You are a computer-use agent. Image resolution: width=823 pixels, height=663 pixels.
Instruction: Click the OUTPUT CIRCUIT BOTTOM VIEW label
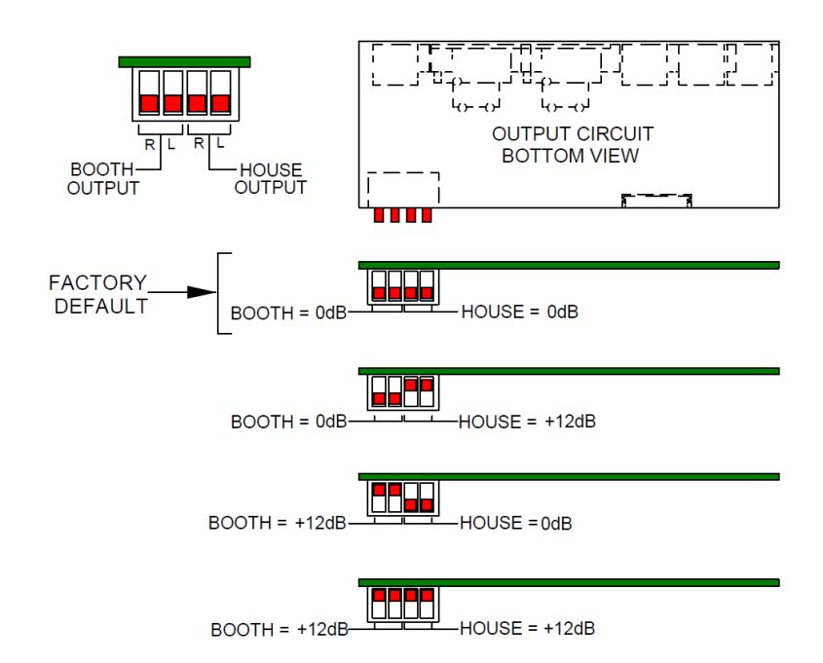tap(572, 145)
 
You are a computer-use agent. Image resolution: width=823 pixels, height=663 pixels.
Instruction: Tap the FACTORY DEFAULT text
tap(98, 294)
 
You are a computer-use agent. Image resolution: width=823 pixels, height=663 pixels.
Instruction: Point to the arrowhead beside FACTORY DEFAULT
tap(202, 292)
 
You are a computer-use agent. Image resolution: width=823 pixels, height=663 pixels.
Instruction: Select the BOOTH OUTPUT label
tap(103, 179)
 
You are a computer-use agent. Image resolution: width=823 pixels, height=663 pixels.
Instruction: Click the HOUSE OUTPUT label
tap(271, 179)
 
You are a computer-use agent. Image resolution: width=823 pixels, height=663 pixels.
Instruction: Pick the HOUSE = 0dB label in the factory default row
tap(520, 313)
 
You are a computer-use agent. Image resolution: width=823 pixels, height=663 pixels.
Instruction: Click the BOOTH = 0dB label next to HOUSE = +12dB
tap(288, 422)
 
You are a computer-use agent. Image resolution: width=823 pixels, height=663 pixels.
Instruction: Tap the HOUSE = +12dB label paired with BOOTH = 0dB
tap(527, 422)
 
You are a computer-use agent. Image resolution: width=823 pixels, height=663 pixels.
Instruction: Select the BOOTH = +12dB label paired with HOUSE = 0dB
tap(278, 523)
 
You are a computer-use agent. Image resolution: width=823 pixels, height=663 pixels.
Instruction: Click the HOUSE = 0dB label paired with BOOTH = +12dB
tap(515, 523)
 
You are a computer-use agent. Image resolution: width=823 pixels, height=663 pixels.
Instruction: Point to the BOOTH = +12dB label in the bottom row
tap(280, 630)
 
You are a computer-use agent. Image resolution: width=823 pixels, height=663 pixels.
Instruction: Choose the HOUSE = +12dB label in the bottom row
tap(527, 628)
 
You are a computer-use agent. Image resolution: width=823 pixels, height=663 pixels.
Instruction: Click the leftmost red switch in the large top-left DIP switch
tap(149, 103)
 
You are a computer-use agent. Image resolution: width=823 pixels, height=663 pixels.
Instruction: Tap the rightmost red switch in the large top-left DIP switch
tap(220, 103)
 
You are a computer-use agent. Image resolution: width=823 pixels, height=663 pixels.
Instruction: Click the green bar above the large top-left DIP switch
tap(184, 62)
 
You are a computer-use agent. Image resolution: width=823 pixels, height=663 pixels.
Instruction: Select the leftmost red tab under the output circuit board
tap(379, 215)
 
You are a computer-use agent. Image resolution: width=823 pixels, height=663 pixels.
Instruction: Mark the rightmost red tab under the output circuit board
tap(427, 215)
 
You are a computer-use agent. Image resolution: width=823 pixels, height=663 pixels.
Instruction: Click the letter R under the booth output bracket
tap(150, 145)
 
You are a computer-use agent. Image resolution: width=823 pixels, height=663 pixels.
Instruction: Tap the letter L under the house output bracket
tap(220, 143)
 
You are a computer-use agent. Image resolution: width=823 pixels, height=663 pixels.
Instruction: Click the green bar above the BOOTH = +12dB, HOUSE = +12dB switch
tap(569, 583)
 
